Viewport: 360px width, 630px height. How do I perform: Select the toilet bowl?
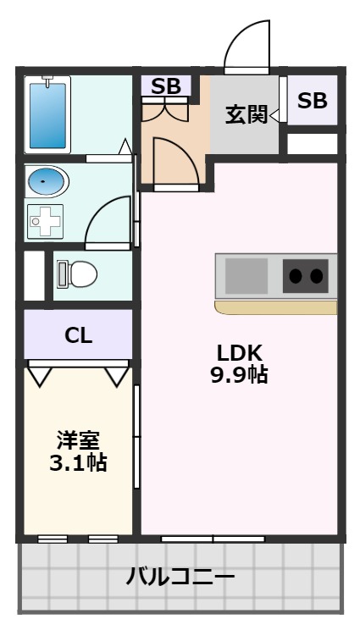click(80, 274)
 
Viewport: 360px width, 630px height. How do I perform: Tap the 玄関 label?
click(245, 115)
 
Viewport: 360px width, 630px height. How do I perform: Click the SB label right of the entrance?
click(312, 101)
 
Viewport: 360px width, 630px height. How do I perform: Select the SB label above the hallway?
click(167, 86)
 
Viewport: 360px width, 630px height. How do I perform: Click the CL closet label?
click(78, 335)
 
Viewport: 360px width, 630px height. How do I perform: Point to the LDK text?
click(240, 352)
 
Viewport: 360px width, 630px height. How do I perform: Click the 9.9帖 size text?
click(240, 374)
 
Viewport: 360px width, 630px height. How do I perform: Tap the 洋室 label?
click(78, 440)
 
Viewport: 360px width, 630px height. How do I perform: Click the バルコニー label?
click(180, 577)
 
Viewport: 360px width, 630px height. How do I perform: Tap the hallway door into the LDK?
click(174, 161)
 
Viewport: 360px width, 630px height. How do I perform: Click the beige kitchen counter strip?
click(275, 305)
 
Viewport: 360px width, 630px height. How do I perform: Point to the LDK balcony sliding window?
click(213, 538)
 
